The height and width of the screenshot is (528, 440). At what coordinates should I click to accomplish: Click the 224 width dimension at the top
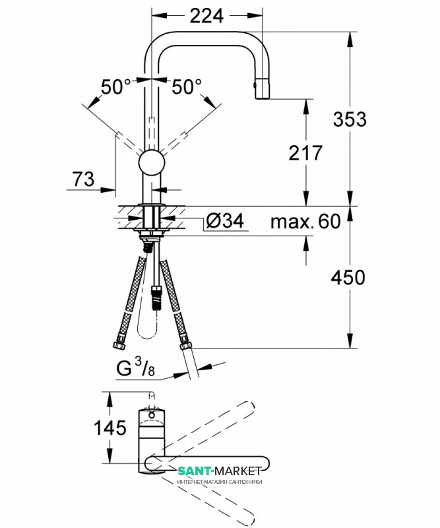206,15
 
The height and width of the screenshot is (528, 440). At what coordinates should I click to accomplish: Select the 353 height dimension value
350,119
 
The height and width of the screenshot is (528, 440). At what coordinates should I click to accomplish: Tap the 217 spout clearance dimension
305,152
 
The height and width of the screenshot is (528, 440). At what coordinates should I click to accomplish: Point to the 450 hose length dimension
348,277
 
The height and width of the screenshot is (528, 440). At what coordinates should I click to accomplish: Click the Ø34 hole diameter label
225,221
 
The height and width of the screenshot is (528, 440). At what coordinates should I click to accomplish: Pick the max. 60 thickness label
305,221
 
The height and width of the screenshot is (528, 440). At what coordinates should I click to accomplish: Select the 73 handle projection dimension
84,178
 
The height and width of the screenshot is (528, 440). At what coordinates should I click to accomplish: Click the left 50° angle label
116,87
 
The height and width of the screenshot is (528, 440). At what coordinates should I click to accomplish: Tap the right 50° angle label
187,87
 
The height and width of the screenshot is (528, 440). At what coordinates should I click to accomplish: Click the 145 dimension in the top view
110,428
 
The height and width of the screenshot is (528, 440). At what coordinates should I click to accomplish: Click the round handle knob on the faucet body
152,162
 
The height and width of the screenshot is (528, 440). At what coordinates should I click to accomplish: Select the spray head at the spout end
263,88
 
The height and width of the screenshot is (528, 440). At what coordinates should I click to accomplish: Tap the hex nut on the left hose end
119,345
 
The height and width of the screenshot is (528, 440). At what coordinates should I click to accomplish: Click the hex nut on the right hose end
185,345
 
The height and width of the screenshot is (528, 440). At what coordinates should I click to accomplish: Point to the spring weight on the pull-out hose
157,298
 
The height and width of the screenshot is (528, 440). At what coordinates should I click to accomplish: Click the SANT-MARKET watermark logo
220,471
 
